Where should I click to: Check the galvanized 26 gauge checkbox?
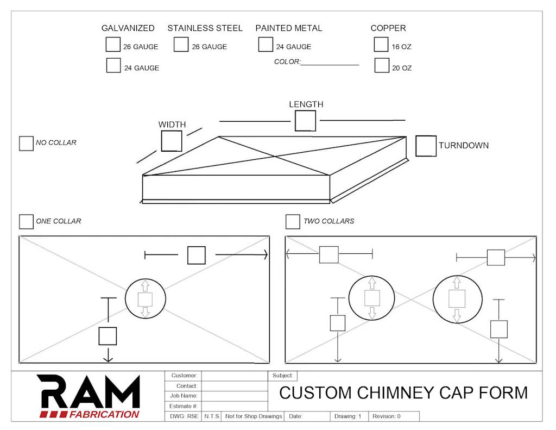(113, 45)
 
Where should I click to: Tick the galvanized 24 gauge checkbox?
(113, 66)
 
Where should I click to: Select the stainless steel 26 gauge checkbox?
(181, 45)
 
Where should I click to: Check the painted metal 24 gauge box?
(266, 45)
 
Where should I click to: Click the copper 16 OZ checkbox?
(381, 45)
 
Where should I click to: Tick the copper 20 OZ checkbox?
(382, 65)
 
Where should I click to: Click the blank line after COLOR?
(330, 65)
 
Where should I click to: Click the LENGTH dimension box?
(305, 121)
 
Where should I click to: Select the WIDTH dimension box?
(172, 141)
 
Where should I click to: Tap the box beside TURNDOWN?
(426, 146)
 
